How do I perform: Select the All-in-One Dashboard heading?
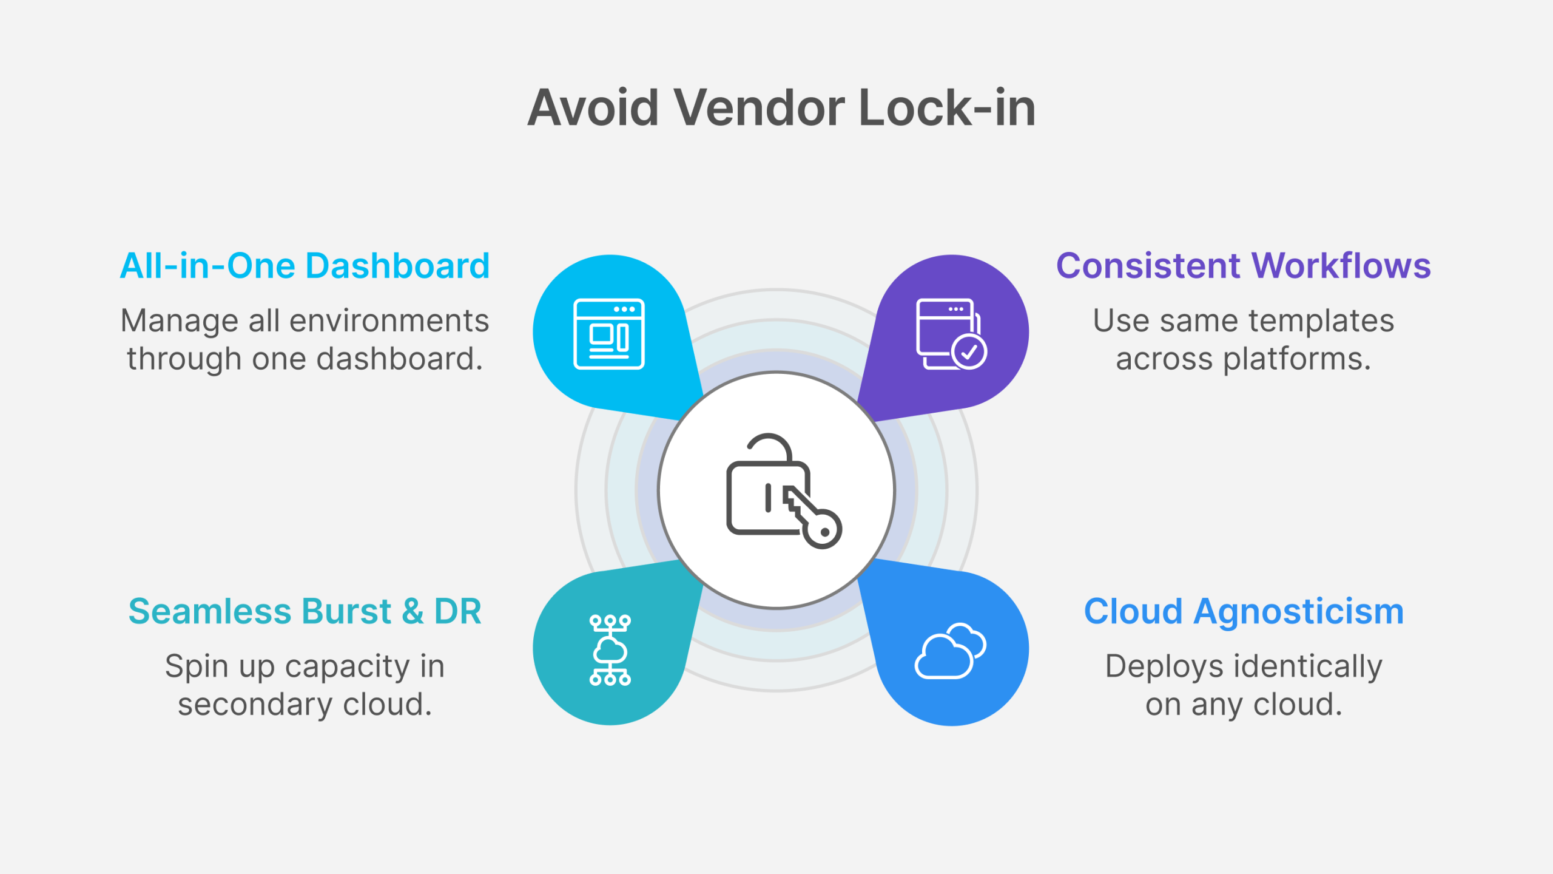[x=305, y=266]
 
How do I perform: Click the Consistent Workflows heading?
[x=1244, y=266]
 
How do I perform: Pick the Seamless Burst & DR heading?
[x=305, y=611]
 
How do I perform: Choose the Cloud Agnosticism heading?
[x=1244, y=611]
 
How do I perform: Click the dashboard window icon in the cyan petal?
[x=609, y=334]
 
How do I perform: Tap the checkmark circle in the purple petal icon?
[x=969, y=351]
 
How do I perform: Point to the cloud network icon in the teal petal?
[x=610, y=650]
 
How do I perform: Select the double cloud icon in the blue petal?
[x=950, y=651]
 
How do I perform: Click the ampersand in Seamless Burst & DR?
[x=413, y=611]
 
